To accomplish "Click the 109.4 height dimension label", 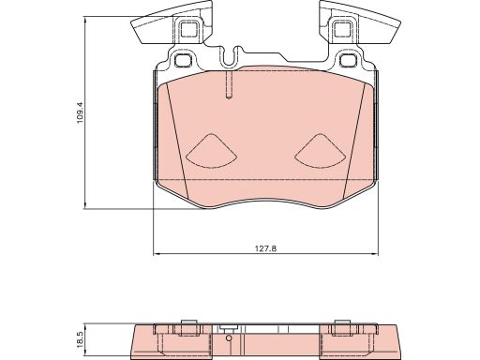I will [82, 112].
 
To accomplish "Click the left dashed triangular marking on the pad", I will [210, 149].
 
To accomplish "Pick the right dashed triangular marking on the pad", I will [321, 149].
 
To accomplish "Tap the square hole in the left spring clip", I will [186, 29].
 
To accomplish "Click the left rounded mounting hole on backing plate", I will [185, 61].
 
